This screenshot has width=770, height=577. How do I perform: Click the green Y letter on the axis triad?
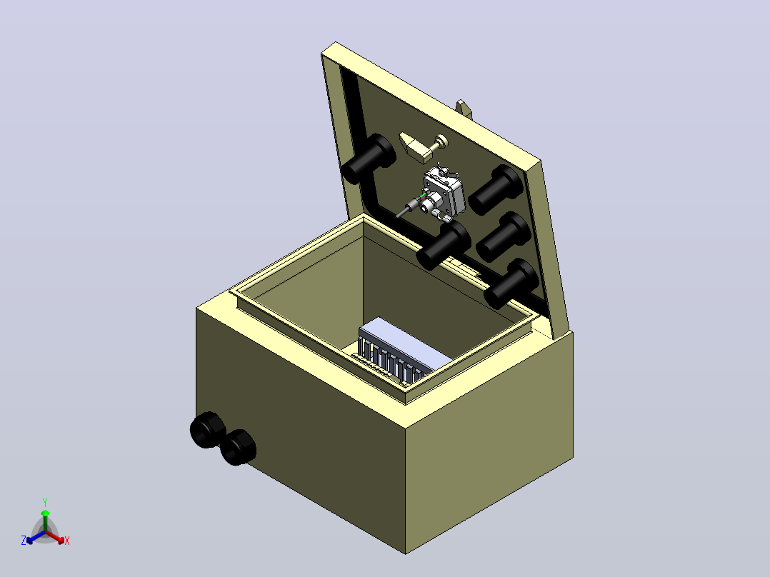pos(45,502)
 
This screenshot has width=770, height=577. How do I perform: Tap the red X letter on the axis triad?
pos(67,541)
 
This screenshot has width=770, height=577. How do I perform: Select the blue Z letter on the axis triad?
pos(23,540)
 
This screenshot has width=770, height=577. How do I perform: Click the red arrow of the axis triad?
pos(55,537)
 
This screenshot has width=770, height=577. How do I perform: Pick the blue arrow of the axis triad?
pos(36,537)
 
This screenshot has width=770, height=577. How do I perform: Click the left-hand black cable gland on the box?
pos(208,430)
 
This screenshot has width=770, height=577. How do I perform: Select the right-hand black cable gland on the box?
pos(238,447)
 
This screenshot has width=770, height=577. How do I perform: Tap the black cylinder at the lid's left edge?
pos(369,158)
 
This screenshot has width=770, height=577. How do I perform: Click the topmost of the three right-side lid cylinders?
pos(496,189)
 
